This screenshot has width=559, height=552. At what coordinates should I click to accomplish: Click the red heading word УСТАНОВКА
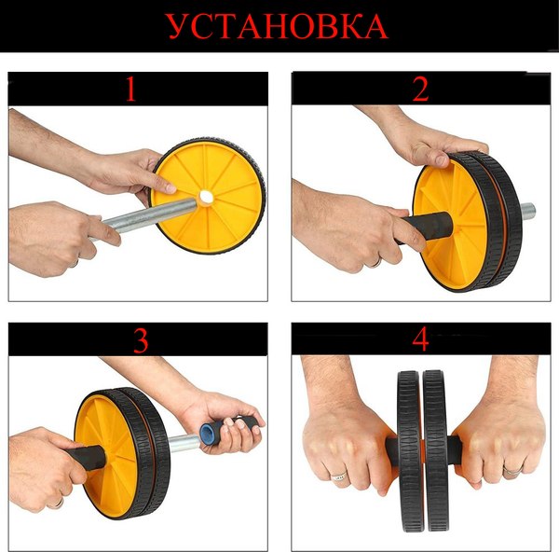pos(279,27)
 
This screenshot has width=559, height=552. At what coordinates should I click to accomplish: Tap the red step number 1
pos(130,90)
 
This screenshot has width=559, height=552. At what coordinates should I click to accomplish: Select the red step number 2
pos(420,90)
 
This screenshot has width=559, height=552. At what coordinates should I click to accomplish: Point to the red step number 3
pos(140,340)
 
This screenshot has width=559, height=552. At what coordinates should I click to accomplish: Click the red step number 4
pos(420,340)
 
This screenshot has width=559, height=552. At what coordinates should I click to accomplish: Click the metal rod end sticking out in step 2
pos(527,211)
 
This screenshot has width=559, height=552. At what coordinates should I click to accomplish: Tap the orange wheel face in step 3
pos(102,438)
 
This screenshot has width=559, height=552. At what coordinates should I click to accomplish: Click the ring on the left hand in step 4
pos(339,476)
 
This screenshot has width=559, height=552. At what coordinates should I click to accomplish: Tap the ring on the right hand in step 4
pos(511,472)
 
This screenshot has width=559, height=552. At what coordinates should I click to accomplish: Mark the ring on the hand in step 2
pos(374,261)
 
